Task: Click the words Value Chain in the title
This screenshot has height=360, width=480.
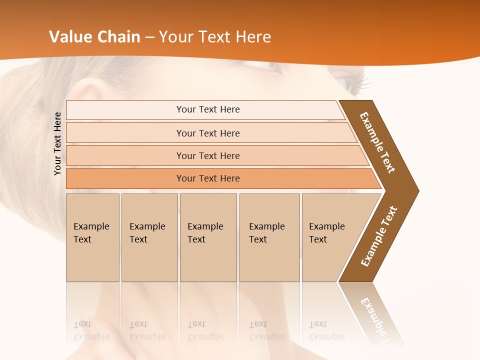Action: pyautogui.click(x=94, y=37)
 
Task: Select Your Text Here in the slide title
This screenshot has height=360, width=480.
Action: pyautogui.click(x=215, y=37)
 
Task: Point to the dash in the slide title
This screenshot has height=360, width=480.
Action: pyautogui.click(x=149, y=37)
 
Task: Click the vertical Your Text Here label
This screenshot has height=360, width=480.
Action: pyautogui.click(x=57, y=143)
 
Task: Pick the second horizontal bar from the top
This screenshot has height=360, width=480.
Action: pyautogui.click(x=208, y=133)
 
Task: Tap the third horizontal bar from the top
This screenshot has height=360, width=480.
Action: pyautogui.click(x=208, y=155)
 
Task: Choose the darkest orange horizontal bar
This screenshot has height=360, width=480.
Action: pyautogui.click(x=208, y=178)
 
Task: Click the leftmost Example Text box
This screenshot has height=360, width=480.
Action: pyautogui.click(x=92, y=237)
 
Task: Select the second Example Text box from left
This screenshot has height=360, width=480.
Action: pyautogui.click(x=149, y=237)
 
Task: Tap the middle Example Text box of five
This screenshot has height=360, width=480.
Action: pyautogui.click(x=208, y=237)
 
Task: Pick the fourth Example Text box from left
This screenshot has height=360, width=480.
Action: pyautogui.click(x=269, y=237)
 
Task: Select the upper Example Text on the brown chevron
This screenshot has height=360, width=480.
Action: pyautogui.click(x=377, y=142)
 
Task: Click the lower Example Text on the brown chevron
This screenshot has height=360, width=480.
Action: pyautogui.click(x=379, y=236)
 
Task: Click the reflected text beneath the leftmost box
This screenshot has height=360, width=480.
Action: pyautogui.click(x=91, y=330)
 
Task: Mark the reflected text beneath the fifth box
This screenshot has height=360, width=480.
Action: pyautogui.click(x=326, y=330)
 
